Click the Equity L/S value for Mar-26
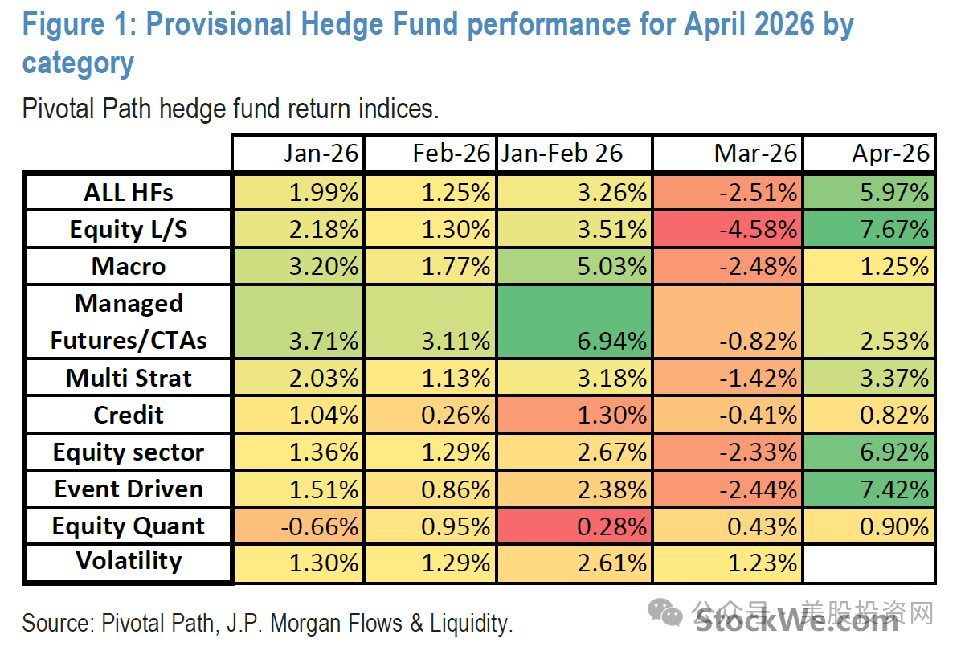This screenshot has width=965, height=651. pos(758,229)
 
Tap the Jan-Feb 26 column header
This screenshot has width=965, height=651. pos(562,154)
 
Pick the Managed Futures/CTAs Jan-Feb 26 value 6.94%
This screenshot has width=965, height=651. pos(611,341)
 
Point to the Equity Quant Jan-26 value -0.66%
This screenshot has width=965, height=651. pos(319,526)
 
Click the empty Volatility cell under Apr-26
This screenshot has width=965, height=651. pos(869,563)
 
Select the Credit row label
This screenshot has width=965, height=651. pos(129,415)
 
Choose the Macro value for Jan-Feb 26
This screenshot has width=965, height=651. pos(611,266)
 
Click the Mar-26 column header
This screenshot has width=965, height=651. pos(755,154)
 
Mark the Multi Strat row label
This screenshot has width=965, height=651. pos(129,378)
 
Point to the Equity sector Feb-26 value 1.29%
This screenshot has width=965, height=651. pos(456,452)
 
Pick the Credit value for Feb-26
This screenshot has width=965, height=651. pos(456,416)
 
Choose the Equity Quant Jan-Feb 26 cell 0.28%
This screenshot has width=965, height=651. pos(611,526)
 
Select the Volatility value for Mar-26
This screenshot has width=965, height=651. pos(762,563)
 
